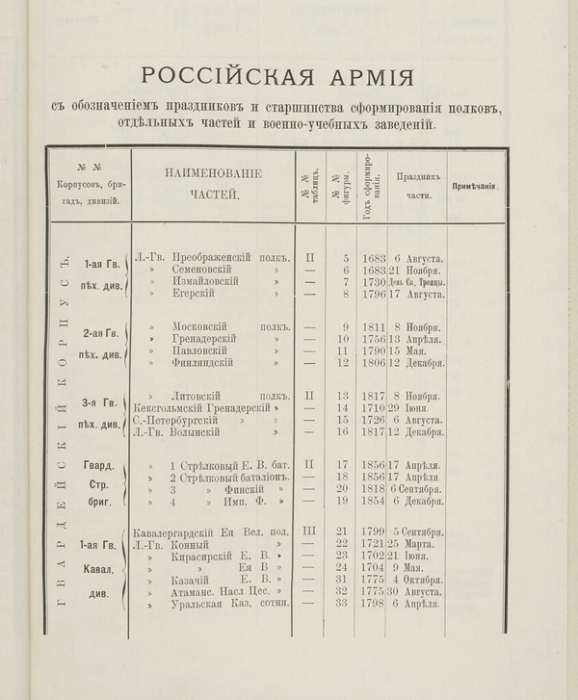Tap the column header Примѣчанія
point(475,184)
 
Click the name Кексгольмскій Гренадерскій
point(199,409)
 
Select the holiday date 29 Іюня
point(417,409)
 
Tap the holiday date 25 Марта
point(417,546)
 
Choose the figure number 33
point(342,604)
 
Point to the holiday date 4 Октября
point(417,581)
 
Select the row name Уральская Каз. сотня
point(213,604)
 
